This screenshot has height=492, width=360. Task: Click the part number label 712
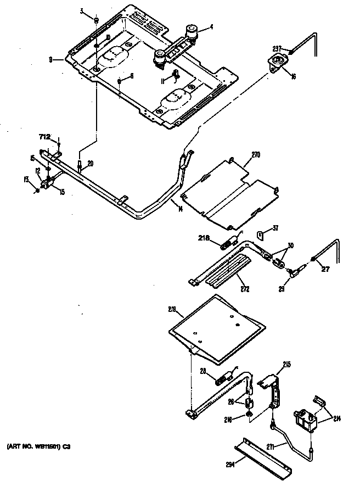click(44, 136)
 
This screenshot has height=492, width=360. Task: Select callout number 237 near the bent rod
click(277, 47)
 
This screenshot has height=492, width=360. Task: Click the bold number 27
click(326, 269)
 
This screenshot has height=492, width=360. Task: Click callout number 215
click(286, 364)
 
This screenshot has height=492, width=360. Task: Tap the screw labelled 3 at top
click(95, 20)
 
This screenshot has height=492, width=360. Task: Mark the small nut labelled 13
click(37, 190)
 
